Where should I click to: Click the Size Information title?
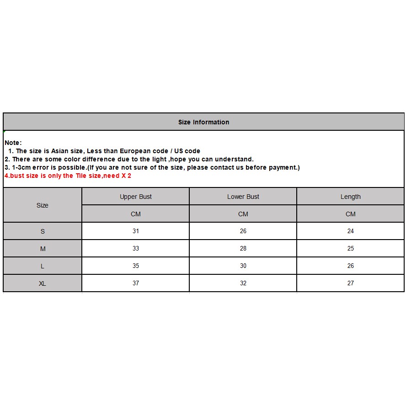coord(203,122)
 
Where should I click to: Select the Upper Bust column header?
coord(136,197)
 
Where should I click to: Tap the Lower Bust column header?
coord(243,197)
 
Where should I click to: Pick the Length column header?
coord(351,197)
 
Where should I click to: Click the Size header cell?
coord(43,205)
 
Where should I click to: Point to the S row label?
coord(43,231)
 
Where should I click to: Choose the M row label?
coord(43,249)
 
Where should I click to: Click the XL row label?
coord(43,283)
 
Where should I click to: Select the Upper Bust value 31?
coord(136,231)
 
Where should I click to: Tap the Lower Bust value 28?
coord(243,248)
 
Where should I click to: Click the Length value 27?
coord(351,283)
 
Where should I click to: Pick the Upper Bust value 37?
coord(136,283)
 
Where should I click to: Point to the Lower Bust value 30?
coord(243,266)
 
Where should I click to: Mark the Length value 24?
coord(351,231)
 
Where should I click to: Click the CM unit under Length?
coord(351,214)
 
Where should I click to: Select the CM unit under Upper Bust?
coord(136,214)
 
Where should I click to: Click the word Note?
coord(12,143)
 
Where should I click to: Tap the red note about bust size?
coord(68,176)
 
